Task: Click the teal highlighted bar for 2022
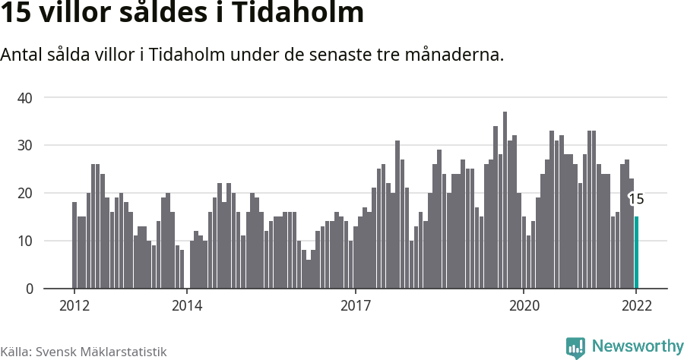coord(636,253)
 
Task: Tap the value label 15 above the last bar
coord(636,199)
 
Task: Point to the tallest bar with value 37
coord(505,201)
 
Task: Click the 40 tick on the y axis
coord(25,97)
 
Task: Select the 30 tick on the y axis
coord(25,145)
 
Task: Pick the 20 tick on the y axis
coord(25,193)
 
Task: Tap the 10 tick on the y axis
coord(25,241)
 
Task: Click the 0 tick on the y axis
coord(29,289)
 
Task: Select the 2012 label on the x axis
coord(74,305)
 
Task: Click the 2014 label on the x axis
coord(187,305)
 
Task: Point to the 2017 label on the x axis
coord(355,305)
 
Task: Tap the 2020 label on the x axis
coord(524,305)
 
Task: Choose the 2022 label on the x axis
coord(636,305)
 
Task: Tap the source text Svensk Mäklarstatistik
coord(100,352)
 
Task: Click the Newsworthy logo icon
coord(575,348)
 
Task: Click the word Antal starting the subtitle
coord(22,55)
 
